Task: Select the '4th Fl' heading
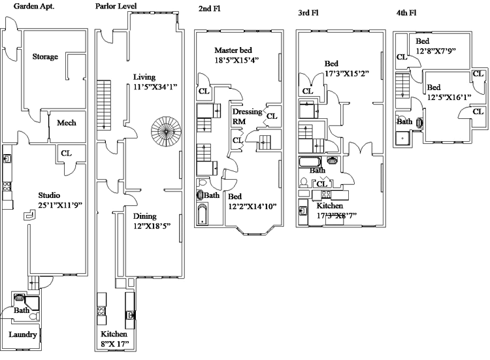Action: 406,12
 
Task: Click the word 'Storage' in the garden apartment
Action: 45,57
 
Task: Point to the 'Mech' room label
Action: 67,123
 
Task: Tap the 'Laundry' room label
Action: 22,335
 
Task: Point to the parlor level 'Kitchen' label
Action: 114,334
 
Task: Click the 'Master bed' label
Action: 233,50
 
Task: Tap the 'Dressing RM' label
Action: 247,116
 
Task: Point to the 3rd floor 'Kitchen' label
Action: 330,205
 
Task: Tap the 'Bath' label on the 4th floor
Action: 404,122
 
